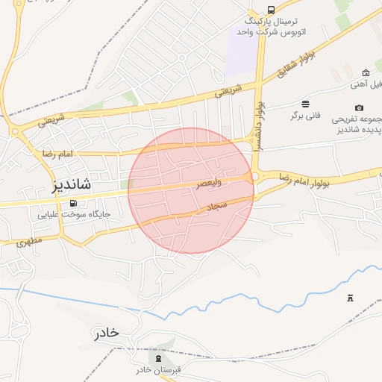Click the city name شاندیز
click(72, 184)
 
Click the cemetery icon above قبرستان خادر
click(157, 351)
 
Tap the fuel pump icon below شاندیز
click(72, 203)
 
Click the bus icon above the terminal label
click(270, 10)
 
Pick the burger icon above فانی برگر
click(305, 103)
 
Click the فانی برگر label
click(305, 116)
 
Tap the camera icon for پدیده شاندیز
click(360, 107)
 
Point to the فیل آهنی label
click(366, 85)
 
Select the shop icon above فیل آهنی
click(366, 72)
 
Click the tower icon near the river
click(350, 298)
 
